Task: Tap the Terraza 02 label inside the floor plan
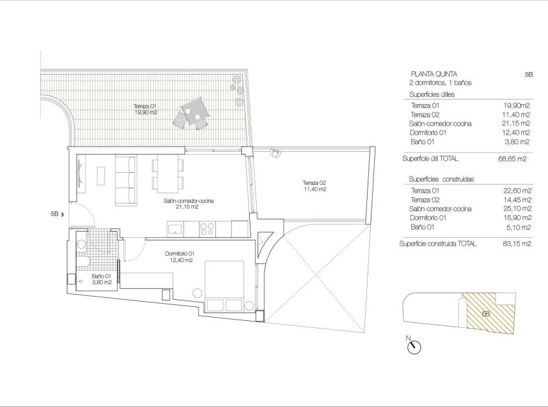tap(314, 186)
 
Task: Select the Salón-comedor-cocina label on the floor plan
tap(188, 203)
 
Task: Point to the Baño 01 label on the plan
tap(101, 279)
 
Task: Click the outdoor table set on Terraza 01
tap(193, 112)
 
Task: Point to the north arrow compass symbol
tap(415, 346)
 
